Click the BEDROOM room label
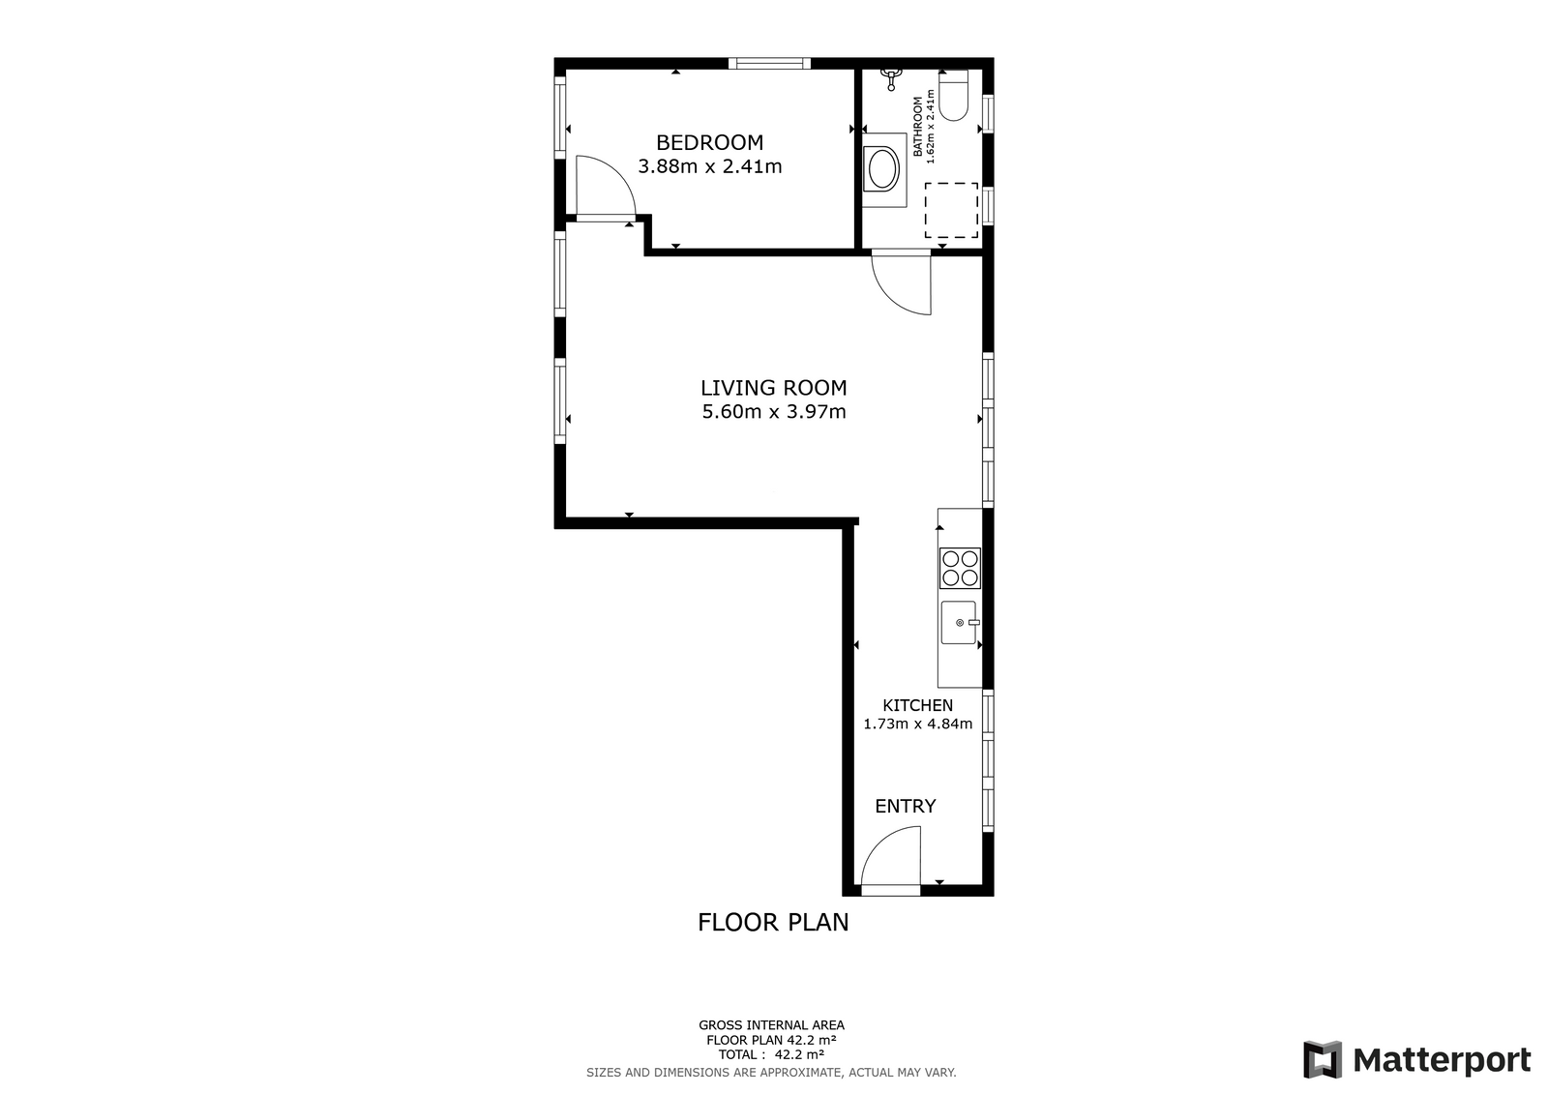coord(710,142)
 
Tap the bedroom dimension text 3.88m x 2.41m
coord(710,166)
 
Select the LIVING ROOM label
coord(774,388)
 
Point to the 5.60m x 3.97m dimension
coord(774,412)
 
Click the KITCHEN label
coord(918,705)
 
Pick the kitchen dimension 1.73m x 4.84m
coord(918,724)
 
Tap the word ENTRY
coord(906,806)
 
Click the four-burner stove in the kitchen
coord(960,568)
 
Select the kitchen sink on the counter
coord(960,623)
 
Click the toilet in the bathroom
coord(954,96)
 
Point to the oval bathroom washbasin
coord(883,170)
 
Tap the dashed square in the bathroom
coord(952,210)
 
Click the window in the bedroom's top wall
coord(769,64)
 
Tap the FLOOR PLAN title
coord(773,923)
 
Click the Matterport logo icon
coord(1323,1059)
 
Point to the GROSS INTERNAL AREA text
coord(771,1025)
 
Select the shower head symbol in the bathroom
coord(891,78)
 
